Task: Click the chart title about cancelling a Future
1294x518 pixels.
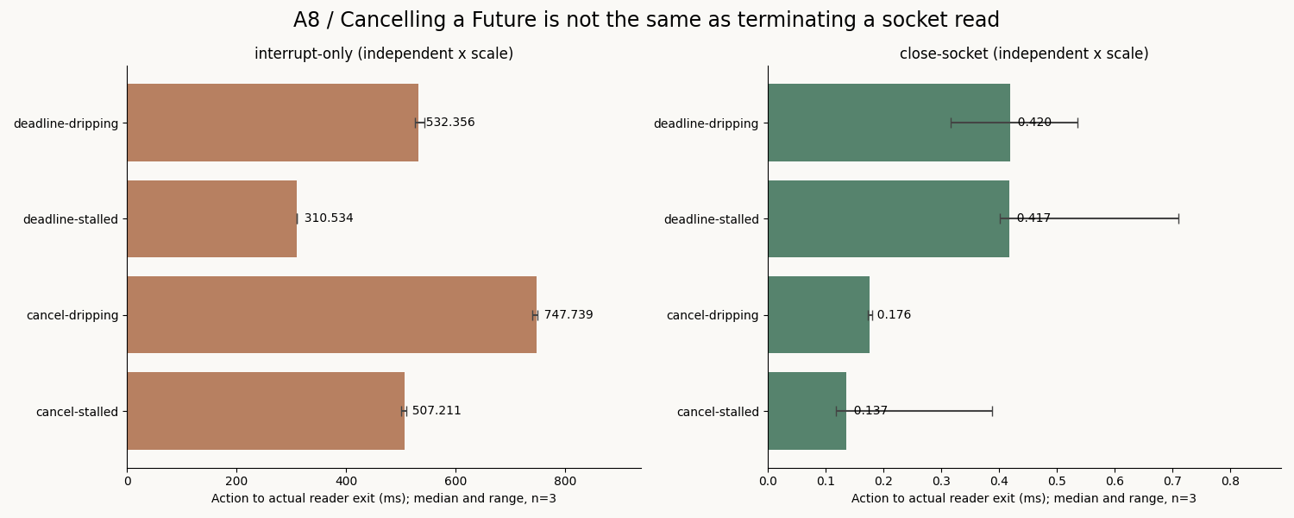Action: tap(646, 20)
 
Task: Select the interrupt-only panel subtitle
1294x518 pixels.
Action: tap(384, 54)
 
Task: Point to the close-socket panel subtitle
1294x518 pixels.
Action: tap(1024, 54)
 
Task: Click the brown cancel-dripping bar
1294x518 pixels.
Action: tap(331, 314)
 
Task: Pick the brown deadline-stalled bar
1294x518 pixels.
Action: tap(212, 218)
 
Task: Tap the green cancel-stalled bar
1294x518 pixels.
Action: tap(807, 411)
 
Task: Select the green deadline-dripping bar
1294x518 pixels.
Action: tap(889, 123)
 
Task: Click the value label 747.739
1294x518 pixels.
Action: tap(568, 314)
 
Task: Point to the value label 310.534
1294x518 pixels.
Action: tap(329, 218)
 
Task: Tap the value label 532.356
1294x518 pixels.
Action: tap(450, 122)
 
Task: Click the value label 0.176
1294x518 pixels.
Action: tap(894, 314)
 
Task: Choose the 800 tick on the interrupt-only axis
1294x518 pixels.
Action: tap(565, 481)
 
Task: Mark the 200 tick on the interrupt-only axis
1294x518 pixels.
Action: tap(236, 481)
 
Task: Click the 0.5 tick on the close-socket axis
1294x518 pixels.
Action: tap(1057, 481)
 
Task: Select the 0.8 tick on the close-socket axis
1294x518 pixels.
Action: tap(1230, 481)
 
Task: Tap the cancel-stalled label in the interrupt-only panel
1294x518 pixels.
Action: tap(77, 412)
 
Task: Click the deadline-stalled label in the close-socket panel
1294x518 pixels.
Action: tap(711, 219)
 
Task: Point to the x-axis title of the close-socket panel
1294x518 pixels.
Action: tap(1024, 498)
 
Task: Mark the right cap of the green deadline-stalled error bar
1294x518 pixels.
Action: tap(1178, 218)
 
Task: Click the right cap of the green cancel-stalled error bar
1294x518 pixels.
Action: tap(992, 411)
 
